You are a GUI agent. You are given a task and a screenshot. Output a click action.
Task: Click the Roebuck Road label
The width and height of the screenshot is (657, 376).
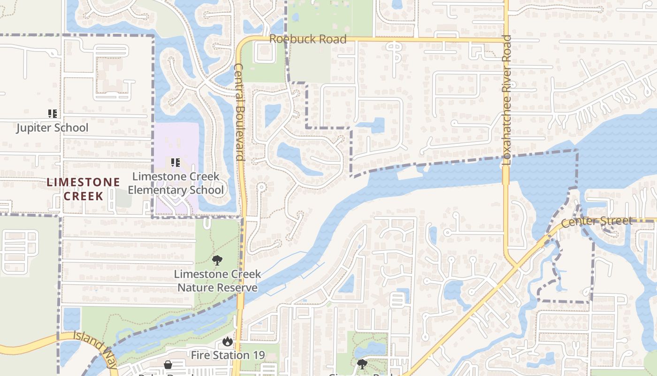click(308, 39)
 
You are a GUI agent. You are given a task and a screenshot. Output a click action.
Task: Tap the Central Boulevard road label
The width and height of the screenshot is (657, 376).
click(239, 112)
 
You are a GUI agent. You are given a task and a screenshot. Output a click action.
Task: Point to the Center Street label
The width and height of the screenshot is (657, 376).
click(596, 221)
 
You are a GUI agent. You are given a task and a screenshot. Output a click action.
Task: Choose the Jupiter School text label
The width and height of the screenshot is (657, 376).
click(52, 128)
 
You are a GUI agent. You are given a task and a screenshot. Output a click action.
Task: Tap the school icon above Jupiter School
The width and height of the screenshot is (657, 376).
click(52, 113)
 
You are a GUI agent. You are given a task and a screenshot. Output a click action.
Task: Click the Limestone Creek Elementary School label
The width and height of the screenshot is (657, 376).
click(176, 183)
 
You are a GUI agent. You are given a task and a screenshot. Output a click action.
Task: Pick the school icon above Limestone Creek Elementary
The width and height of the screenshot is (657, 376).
click(176, 163)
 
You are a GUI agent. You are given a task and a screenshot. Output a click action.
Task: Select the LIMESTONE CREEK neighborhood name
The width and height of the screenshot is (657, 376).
click(83, 189)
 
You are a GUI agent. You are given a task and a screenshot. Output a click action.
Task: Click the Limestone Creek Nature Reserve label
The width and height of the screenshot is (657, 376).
click(217, 281)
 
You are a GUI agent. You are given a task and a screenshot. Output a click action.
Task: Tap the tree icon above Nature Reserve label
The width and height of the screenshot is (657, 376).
click(217, 260)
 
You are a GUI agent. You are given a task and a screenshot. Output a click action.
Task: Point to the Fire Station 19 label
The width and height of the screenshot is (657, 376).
click(228, 355)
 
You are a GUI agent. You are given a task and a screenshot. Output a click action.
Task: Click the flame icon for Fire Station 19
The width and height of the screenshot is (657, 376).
click(228, 342)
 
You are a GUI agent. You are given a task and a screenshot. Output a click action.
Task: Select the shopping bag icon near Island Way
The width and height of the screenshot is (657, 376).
click(168, 365)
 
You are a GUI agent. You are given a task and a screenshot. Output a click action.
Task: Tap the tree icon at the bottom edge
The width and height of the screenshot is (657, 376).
click(362, 364)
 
